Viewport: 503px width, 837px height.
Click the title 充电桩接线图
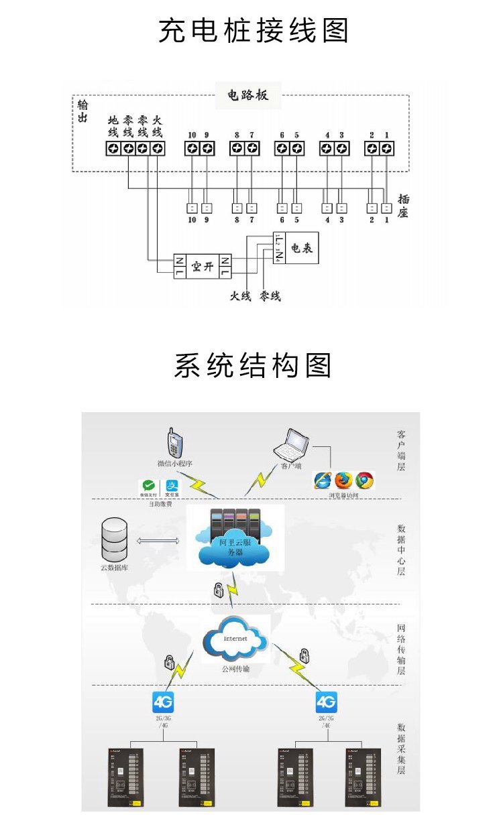coord(254,31)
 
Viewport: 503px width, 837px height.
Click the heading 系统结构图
coord(253,366)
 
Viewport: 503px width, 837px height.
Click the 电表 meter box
coord(301,249)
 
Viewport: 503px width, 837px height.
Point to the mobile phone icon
coord(176,444)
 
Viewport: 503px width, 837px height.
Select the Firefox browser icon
coord(344,480)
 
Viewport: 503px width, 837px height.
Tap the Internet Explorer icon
coord(323,480)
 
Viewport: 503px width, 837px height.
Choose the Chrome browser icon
coord(365,480)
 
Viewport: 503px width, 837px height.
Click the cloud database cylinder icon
coord(113,540)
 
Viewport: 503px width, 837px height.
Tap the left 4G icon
coord(163,702)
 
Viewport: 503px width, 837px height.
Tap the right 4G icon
coord(326,702)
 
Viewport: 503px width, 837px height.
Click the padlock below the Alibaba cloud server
coord(218,590)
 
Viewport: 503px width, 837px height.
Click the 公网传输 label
coord(235,668)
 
